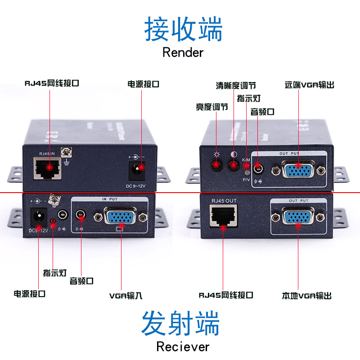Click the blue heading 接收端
tap(183, 30)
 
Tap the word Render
tap(183, 52)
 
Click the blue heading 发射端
tap(180, 323)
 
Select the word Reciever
tap(183, 346)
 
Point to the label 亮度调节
tap(211, 107)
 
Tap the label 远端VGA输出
tap(310, 85)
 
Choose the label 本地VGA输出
tap(307, 296)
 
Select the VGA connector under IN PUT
tap(120, 216)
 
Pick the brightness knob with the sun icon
tap(217, 166)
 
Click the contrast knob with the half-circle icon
tap(233, 166)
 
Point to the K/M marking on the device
tap(246, 160)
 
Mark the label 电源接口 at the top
tap(144, 84)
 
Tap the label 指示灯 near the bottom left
tap(55, 273)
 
